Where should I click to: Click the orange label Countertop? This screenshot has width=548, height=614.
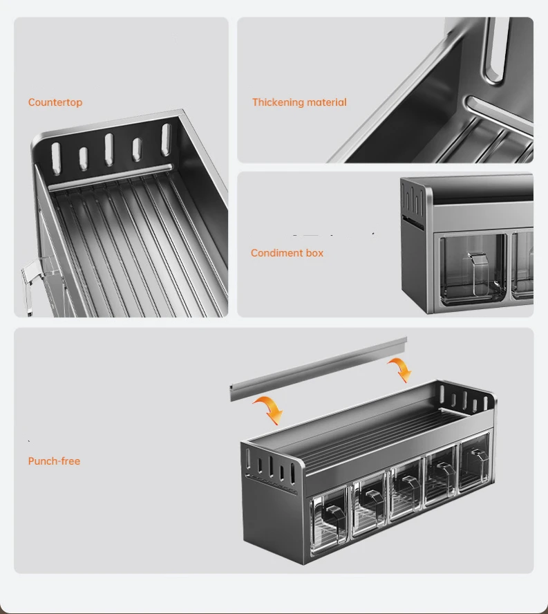point(55,102)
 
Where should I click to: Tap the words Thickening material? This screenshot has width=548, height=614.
point(299,102)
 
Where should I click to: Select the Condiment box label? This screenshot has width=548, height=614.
point(287,253)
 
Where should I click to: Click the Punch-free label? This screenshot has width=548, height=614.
point(54,461)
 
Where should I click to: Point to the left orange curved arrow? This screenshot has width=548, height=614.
point(270,409)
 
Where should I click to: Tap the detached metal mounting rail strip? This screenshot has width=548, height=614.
point(319,368)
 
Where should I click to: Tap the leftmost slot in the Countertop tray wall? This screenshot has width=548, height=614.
point(56,158)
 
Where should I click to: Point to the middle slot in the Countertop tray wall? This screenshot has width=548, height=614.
point(109,149)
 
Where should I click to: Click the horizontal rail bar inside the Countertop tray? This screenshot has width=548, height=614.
point(111,178)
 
